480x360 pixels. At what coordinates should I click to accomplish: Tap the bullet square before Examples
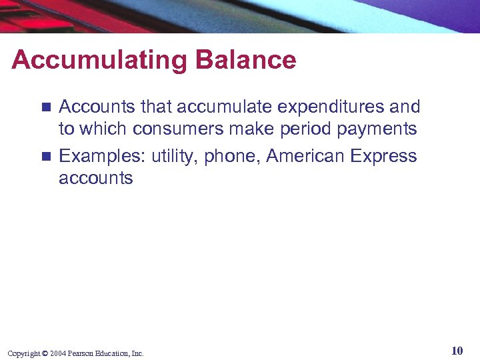click(x=45, y=157)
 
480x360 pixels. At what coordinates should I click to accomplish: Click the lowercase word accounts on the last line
click(x=96, y=179)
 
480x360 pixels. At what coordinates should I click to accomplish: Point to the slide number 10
click(x=457, y=351)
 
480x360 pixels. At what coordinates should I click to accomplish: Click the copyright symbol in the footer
click(x=45, y=353)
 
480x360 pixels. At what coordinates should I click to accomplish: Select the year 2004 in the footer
click(x=57, y=353)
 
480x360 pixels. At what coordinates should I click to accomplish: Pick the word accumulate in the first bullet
click(x=214, y=107)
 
